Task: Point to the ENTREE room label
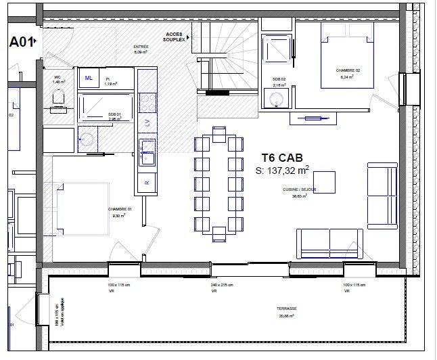point(141,48)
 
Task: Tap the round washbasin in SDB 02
point(277,99)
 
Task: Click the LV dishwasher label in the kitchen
point(147,122)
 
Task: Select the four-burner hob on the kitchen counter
point(146,101)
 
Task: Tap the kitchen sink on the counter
point(147,152)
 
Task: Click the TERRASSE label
point(286,309)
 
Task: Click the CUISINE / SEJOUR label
point(296,192)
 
